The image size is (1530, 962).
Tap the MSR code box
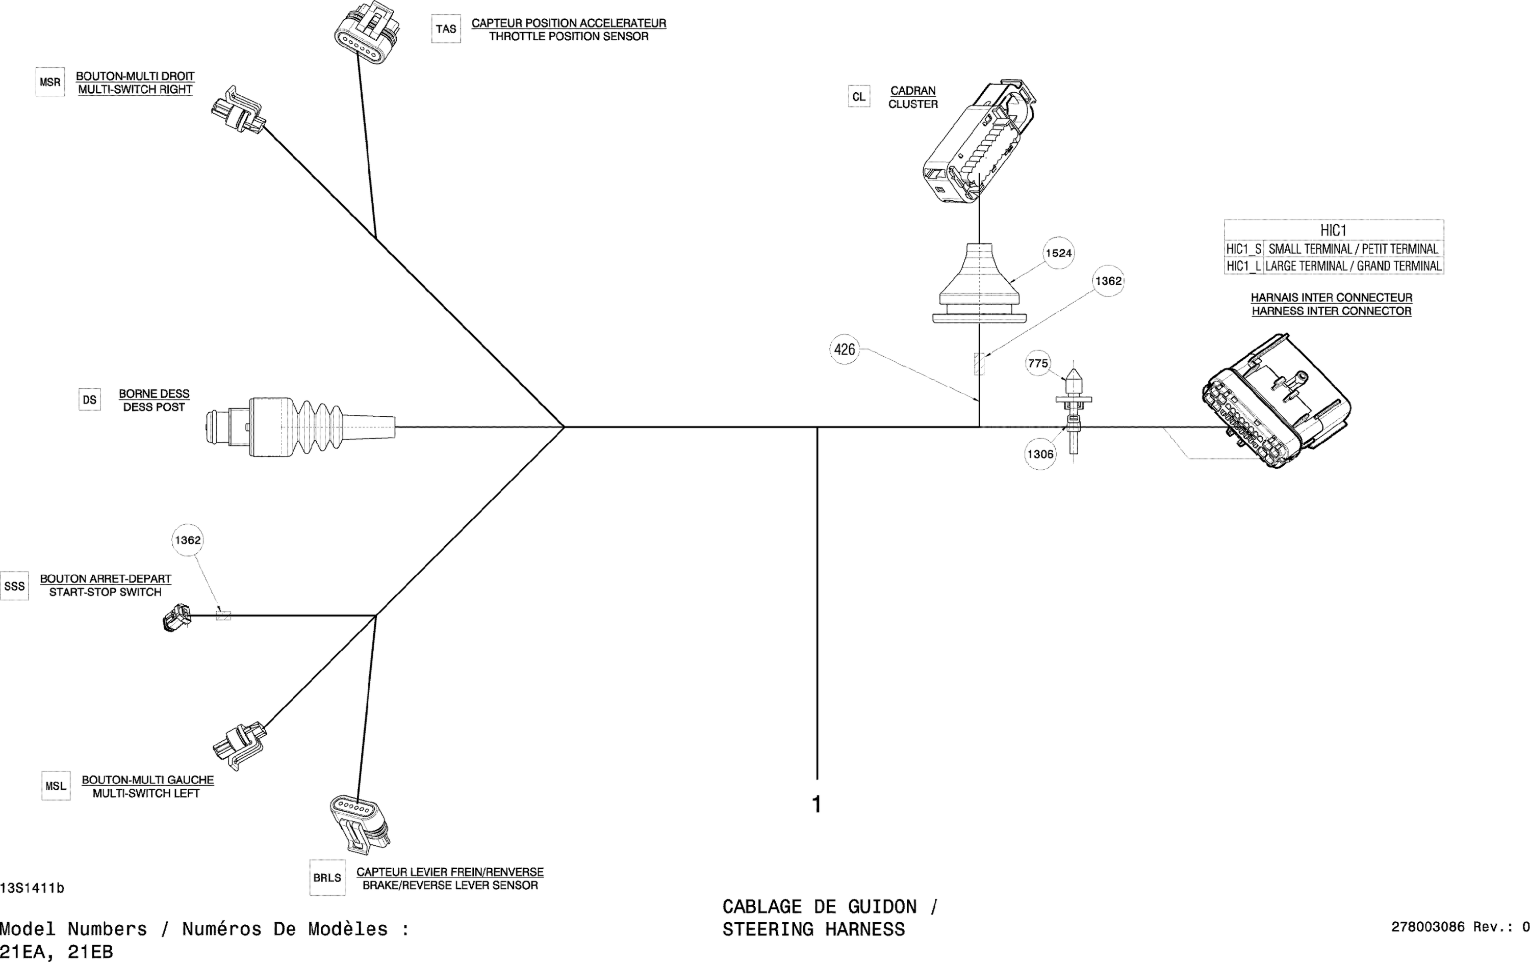(50, 83)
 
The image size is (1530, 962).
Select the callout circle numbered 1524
(1059, 253)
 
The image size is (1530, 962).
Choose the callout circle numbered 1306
(1040, 455)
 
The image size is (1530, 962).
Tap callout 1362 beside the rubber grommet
(1108, 281)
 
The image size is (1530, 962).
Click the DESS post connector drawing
(299, 426)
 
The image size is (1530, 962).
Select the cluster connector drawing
(979, 143)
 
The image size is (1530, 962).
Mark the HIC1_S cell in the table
(1243, 249)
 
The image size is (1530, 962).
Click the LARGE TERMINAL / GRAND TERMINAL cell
(1353, 266)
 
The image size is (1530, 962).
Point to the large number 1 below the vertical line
(817, 805)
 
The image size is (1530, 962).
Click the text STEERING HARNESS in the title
(813, 929)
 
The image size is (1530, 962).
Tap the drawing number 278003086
(1427, 927)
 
